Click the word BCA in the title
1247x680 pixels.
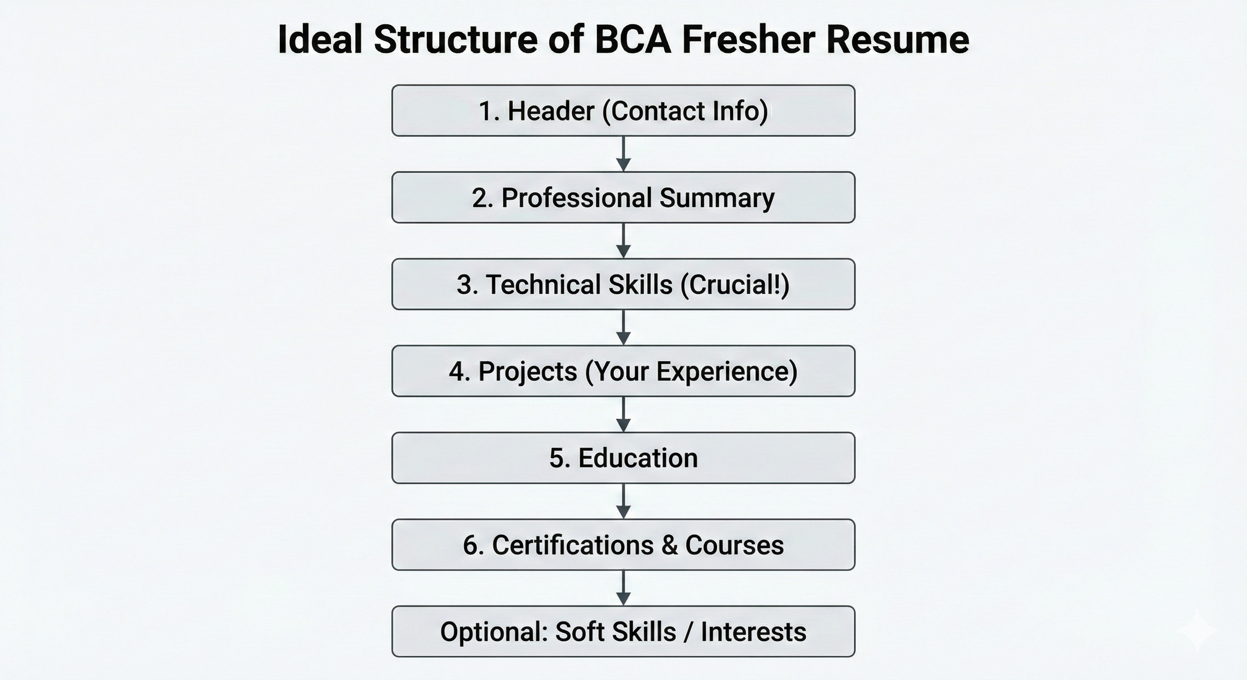click(x=633, y=40)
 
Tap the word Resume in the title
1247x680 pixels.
click(x=898, y=40)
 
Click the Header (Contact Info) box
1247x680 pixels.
click(x=623, y=111)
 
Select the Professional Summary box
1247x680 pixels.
click(x=623, y=197)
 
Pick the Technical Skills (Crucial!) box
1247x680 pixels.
click(x=623, y=284)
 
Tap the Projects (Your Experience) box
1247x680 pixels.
click(x=623, y=371)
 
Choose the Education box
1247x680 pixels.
click(x=623, y=458)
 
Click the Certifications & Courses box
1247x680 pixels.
click(x=623, y=545)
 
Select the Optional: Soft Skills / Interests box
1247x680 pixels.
click(x=623, y=632)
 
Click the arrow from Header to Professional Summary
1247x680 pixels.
click(x=623, y=154)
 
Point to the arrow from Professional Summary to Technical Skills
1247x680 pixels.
click(x=623, y=240)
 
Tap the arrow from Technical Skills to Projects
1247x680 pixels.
click(x=623, y=328)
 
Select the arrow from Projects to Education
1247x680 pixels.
click(x=623, y=414)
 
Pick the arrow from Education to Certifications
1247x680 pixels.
click(x=623, y=502)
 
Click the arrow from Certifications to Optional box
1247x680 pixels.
click(x=623, y=588)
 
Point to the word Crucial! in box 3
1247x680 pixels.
click(x=735, y=285)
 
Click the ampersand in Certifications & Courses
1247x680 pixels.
click(x=669, y=545)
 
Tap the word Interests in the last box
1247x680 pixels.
click(x=753, y=632)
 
